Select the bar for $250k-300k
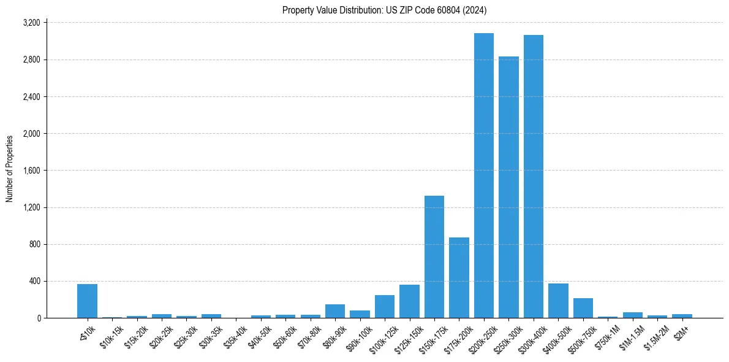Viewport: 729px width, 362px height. coord(508,187)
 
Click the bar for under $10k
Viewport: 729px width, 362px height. coord(87,301)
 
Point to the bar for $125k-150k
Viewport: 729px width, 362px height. coord(409,301)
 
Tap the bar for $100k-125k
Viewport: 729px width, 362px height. coord(385,306)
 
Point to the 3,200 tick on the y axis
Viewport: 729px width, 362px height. coord(31,23)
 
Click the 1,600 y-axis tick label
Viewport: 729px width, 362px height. coord(31,171)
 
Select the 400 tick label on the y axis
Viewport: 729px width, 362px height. coord(34,281)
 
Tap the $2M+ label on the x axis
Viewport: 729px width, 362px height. coord(681,331)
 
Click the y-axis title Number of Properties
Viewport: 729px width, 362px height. coord(10,169)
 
